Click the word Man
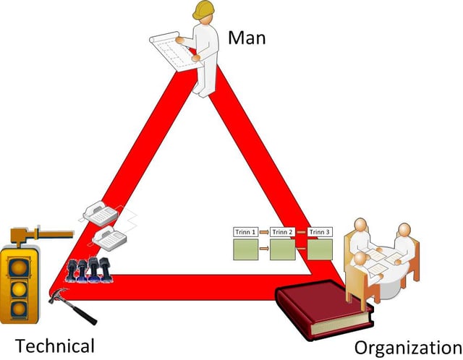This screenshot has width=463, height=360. click(247, 37)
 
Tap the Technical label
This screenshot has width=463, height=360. click(54, 345)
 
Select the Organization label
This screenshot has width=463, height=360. click(408, 347)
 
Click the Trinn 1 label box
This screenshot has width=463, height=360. click(245, 232)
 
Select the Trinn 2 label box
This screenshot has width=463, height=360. click(282, 232)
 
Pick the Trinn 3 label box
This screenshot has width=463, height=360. click(320, 232)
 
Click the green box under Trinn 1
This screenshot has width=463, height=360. click(245, 250)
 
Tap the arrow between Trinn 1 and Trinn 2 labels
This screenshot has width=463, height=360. click(264, 232)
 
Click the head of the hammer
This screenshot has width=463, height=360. click(56, 295)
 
